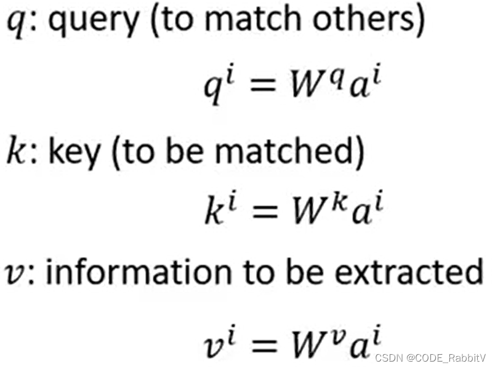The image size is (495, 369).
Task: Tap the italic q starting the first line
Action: [x=15, y=26]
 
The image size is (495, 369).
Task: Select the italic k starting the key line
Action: [x=15, y=151]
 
